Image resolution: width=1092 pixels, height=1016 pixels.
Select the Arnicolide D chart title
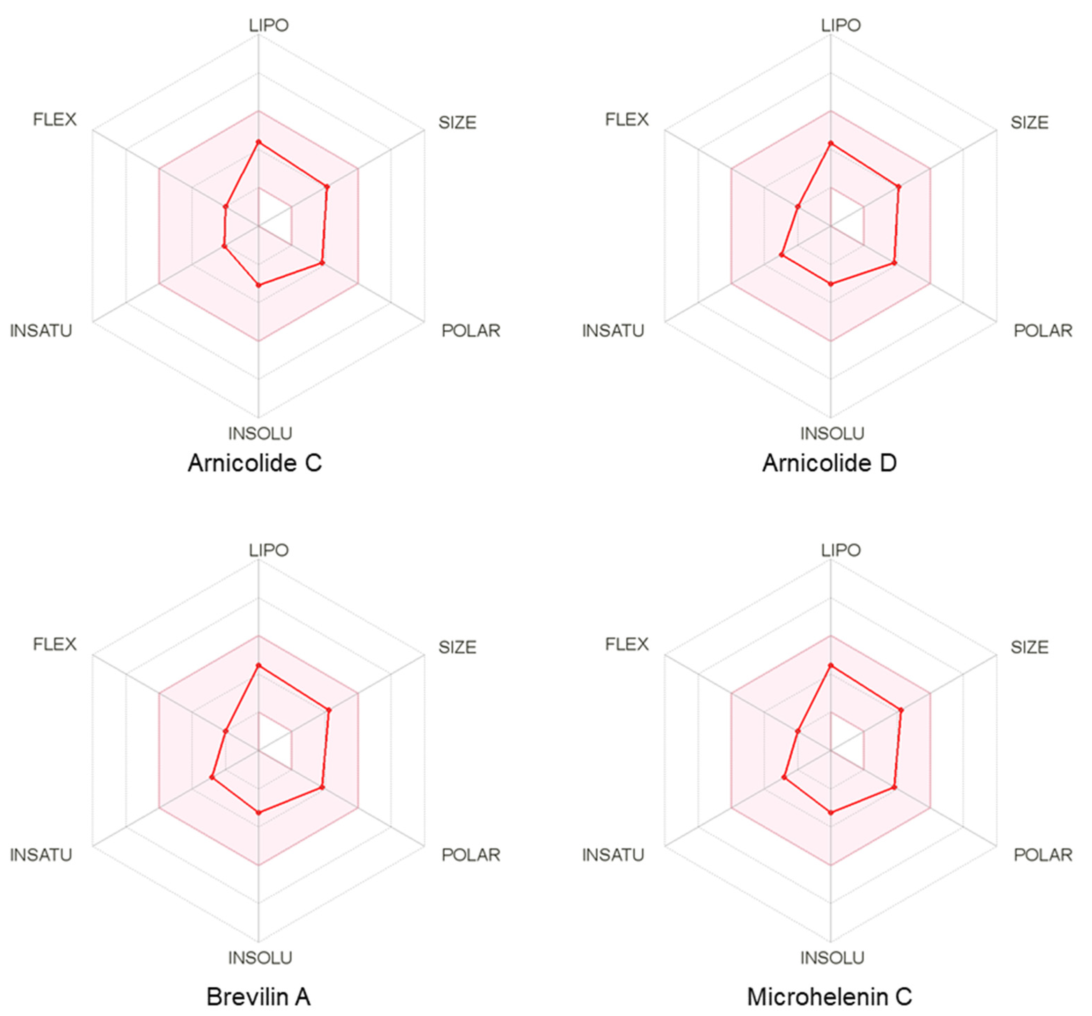[829, 463]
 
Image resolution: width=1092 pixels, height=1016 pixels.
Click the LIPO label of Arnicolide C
[269, 25]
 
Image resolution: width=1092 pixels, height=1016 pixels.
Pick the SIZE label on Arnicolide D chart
[1029, 123]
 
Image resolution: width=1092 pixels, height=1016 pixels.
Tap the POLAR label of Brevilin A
[471, 855]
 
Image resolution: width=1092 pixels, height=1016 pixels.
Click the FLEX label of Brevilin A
[54, 644]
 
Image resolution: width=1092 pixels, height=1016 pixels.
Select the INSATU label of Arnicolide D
[613, 331]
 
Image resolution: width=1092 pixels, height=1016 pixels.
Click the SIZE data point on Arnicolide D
[899, 187]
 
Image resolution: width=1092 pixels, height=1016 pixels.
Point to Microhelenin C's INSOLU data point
[831, 812]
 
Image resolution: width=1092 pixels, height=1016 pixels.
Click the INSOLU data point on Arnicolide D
[831, 284]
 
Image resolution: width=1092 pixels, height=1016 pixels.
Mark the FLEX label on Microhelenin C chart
[627, 644]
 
